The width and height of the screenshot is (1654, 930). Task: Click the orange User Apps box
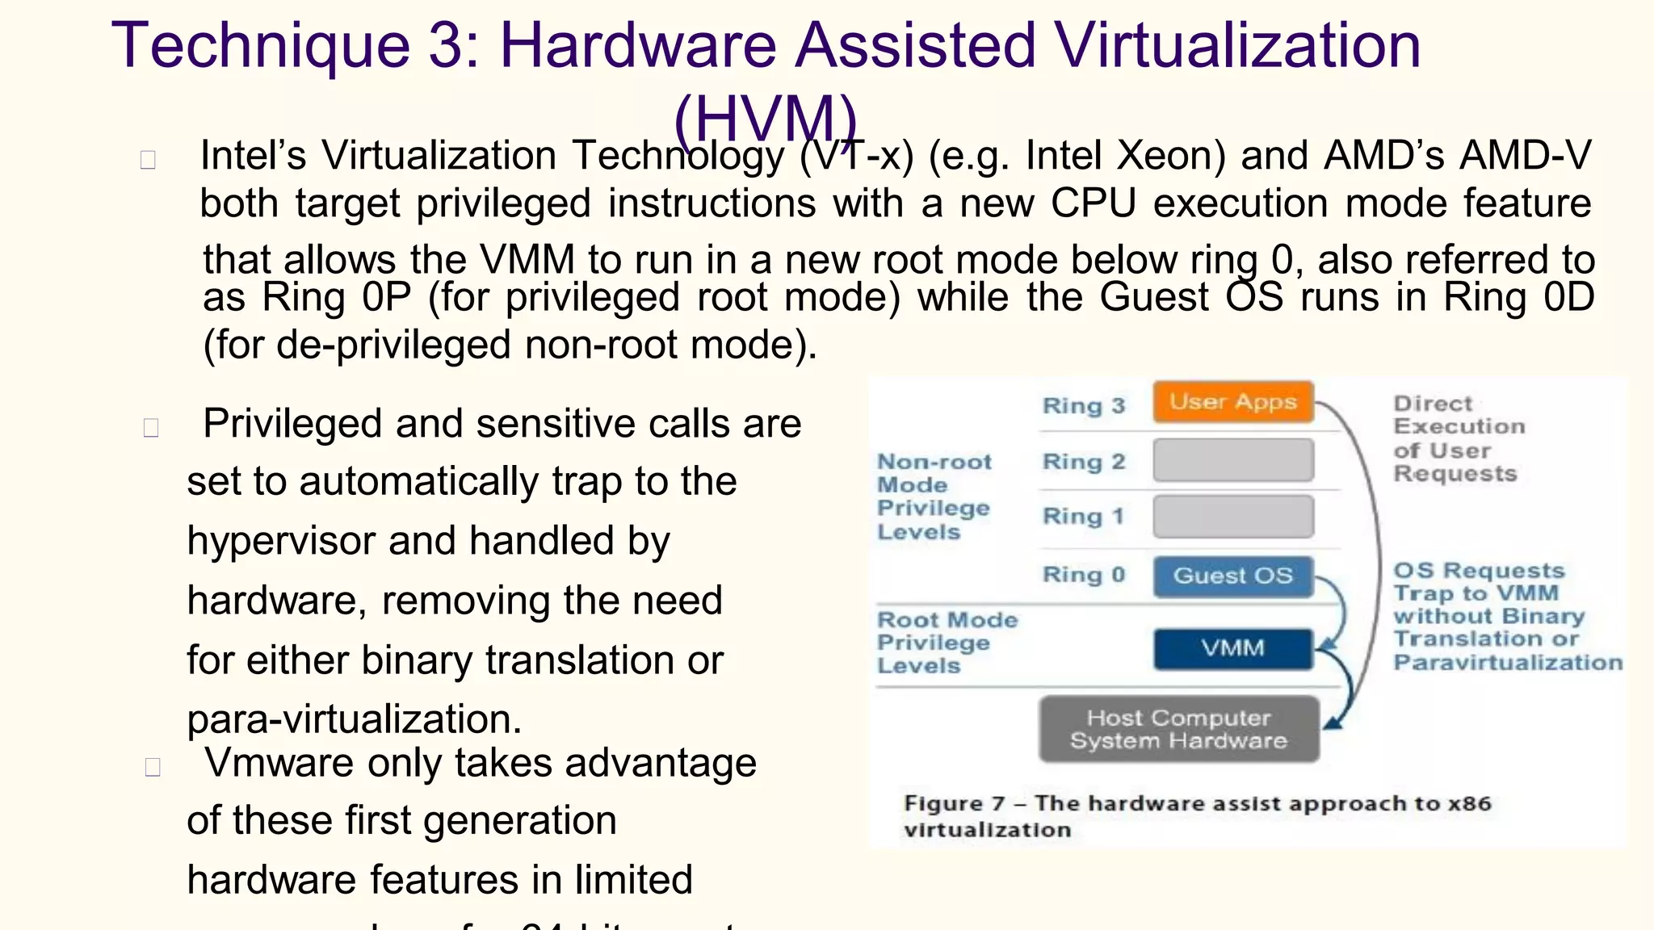click(x=1232, y=402)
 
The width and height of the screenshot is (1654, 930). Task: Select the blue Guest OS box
click(x=1232, y=576)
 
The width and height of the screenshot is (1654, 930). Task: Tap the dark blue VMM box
click(x=1232, y=648)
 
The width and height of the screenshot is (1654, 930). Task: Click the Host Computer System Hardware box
click(x=1178, y=729)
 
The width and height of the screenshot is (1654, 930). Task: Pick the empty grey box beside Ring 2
click(x=1232, y=461)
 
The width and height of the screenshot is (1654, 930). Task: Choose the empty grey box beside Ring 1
click(x=1232, y=517)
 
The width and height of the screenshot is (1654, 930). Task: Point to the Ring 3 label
click(x=1083, y=405)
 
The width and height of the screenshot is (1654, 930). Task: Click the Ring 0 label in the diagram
click(x=1083, y=575)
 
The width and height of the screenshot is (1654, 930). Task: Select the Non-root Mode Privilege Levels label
click(x=934, y=496)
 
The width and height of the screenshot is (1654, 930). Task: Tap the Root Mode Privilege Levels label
click(x=947, y=643)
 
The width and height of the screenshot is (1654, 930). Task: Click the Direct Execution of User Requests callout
click(x=1459, y=438)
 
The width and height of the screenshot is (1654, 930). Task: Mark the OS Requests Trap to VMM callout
click(x=1507, y=617)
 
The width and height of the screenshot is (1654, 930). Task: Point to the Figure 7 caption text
click(x=1196, y=815)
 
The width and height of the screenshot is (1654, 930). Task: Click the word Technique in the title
click(x=260, y=45)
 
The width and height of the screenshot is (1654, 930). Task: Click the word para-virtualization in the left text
click(x=354, y=719)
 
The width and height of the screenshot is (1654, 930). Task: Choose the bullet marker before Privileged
click(x=151, y=427)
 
